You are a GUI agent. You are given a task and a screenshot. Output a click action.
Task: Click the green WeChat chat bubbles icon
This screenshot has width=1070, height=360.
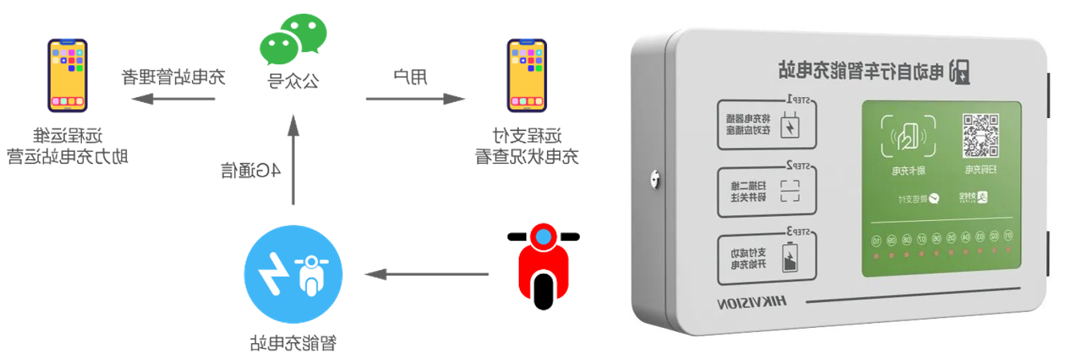pyautogui.click(x=293, y=39)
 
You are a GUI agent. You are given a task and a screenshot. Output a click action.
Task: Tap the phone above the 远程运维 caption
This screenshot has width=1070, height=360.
pyautogui.click(x=67, y=76)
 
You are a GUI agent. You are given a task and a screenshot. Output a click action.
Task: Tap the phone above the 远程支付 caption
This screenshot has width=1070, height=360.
pyautogui.click(x=528, y=76)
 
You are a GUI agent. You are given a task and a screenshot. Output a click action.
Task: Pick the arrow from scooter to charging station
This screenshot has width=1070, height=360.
pyautogui.click(x=426, y=275)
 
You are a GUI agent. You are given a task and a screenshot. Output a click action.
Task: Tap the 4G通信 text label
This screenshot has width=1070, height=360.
pyautogui.click(x=251, y=170)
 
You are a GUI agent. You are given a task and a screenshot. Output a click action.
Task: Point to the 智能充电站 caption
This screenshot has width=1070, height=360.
pyautogui.click(x=293, y=343)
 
